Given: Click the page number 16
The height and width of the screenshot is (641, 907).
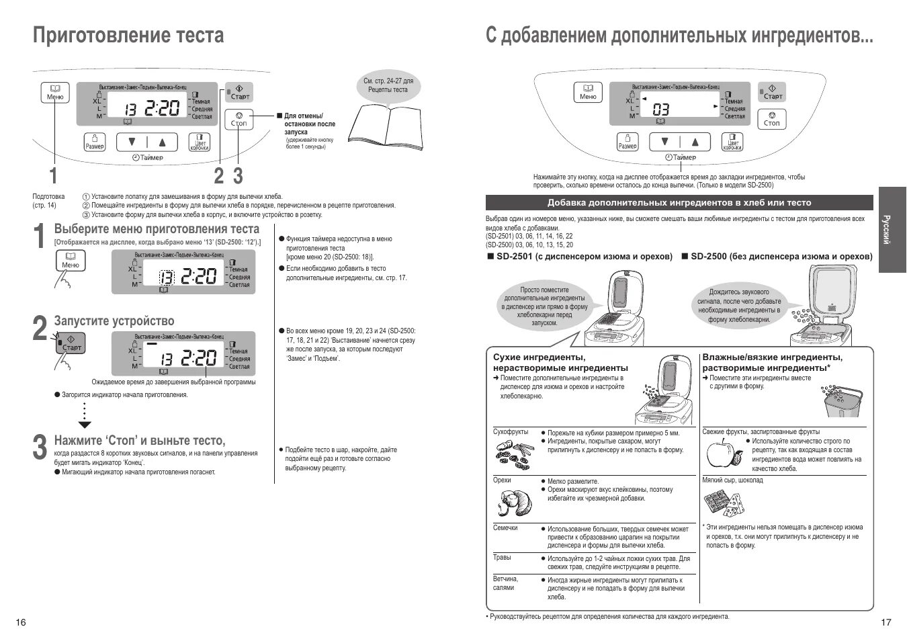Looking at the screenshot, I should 21,622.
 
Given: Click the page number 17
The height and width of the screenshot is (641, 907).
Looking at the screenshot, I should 886,622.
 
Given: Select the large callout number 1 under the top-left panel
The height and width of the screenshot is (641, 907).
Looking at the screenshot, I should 53,176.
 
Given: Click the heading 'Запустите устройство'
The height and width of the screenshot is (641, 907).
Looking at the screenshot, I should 114,321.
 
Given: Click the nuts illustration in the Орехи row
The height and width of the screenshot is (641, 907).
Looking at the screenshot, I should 513,501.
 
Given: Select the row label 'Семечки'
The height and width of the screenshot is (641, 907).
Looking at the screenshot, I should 505,528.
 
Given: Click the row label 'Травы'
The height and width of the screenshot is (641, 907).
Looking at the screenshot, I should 502,558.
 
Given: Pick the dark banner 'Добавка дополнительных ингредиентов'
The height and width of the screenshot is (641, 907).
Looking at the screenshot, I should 679,203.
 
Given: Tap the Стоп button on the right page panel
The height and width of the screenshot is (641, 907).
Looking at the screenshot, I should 771,120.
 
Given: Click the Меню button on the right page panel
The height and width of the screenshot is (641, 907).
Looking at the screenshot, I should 588,93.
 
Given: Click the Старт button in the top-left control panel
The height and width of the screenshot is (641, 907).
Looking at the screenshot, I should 239,92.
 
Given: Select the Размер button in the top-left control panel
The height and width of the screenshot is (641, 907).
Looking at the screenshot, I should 95,142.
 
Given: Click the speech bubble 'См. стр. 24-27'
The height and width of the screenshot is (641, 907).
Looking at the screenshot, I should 388,86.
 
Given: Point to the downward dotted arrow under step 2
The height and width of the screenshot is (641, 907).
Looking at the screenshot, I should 84,415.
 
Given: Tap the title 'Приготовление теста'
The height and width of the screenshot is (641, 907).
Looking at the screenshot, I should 128,34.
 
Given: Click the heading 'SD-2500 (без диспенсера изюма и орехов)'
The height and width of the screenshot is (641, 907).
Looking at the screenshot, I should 777,257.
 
